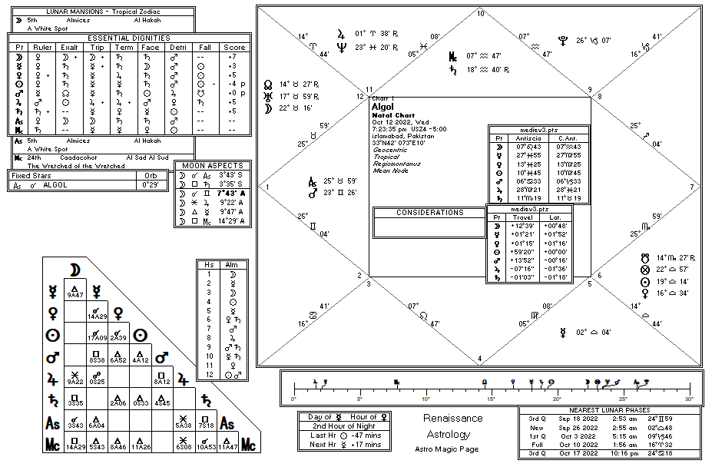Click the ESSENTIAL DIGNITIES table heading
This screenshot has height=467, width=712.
(128, 38)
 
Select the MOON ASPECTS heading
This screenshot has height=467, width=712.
(212, 165)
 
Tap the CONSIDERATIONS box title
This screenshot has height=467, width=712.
(429, 212)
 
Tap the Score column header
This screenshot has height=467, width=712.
(233, 48)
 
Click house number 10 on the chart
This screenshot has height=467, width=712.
(481, 13)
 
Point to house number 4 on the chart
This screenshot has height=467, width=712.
(480, 358)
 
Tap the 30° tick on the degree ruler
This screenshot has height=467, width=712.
(688, 399)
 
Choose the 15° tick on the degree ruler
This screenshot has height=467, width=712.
(491, 399)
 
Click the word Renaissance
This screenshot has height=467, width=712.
(453, 419)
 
